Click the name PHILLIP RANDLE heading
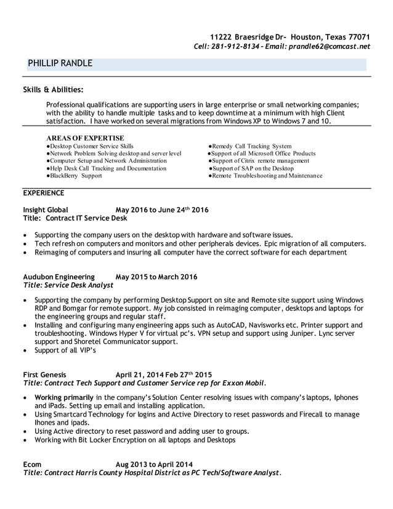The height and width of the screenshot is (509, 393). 60,63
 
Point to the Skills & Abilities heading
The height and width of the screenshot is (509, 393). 53,90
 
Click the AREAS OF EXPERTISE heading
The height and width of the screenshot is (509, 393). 85,137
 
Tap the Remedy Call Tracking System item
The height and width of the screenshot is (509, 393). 251,146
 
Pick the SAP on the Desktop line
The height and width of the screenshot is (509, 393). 253,168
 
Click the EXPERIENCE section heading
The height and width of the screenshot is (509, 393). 43,193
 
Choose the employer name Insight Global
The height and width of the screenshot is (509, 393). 46,210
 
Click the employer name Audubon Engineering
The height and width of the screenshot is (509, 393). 59,277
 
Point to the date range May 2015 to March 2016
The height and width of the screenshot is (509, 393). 156,277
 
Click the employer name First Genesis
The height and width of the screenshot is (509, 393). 44,374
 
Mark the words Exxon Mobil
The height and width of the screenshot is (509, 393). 245,383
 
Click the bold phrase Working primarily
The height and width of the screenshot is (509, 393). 64,397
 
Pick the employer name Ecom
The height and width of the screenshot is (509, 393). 33,464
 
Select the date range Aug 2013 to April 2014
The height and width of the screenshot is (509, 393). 154,464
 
